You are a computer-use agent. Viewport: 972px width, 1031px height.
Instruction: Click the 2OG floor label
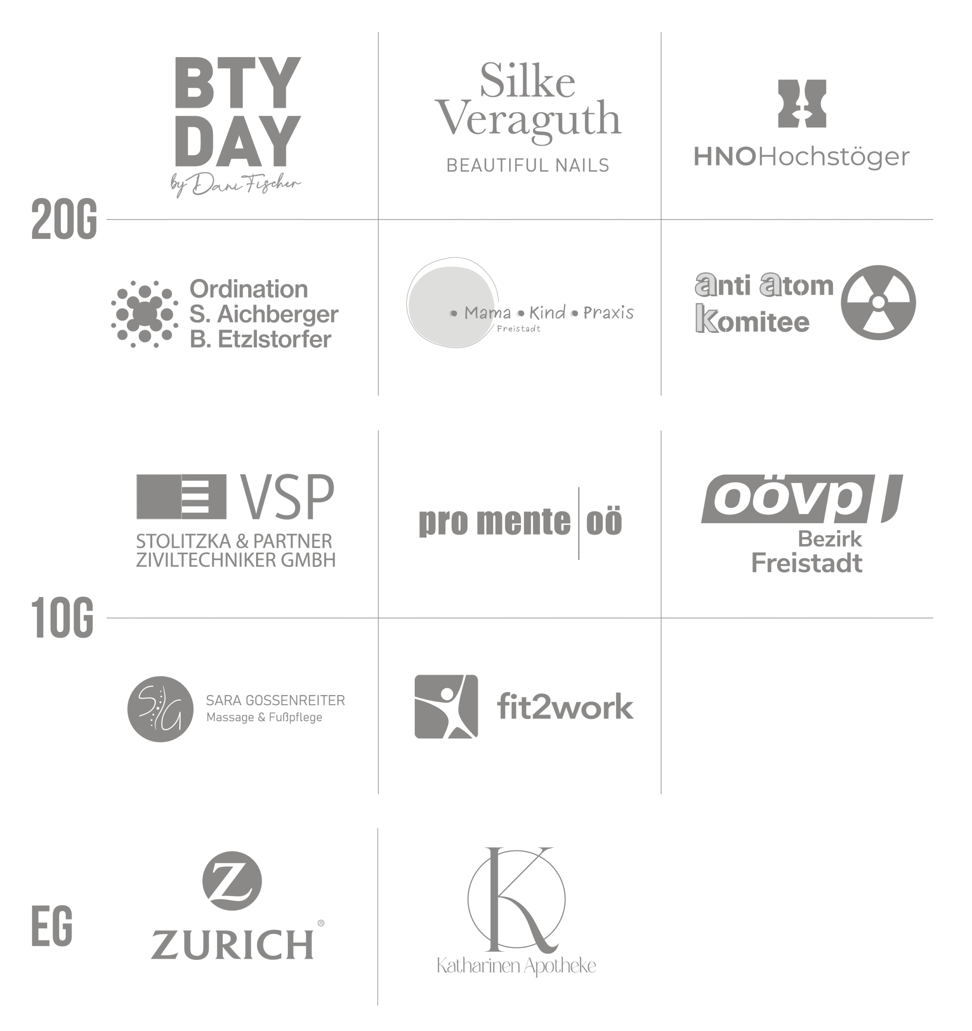(64, 219)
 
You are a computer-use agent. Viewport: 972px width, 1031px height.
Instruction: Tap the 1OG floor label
(62, 618)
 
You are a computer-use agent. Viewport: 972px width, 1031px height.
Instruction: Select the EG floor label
(52, 926)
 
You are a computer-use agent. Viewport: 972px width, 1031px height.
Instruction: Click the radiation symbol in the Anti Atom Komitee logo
(878, 302)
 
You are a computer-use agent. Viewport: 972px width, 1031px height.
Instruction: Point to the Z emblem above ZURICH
(232, 881)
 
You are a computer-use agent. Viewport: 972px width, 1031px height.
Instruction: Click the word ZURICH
(233, 944)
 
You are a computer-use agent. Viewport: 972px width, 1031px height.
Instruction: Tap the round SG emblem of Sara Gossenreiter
(160, 709)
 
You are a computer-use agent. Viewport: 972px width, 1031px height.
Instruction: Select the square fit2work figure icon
(446, 706)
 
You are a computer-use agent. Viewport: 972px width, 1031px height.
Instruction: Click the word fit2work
(565, 706)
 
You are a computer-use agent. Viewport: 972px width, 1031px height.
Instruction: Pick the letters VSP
(287, 497)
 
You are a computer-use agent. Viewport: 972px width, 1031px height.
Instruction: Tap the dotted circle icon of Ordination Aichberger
(145, 314)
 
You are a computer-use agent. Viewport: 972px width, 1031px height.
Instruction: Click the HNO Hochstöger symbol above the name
(802, 104)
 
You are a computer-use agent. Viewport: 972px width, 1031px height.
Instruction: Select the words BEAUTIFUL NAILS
(528, 166)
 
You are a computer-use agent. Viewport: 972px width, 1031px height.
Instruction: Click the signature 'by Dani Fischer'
(236, 184)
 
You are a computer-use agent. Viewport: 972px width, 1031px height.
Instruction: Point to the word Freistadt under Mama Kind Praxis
(518, 329)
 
